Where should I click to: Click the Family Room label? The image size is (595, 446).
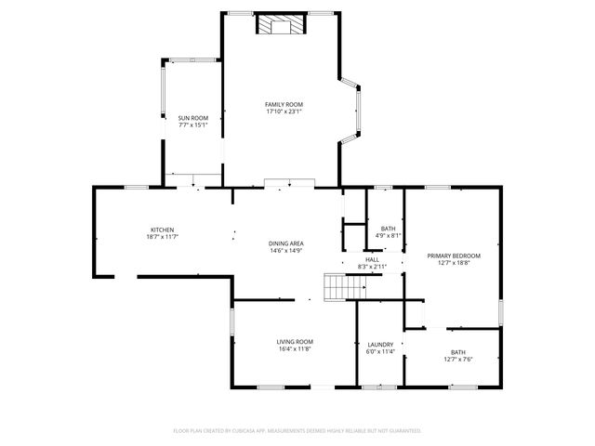click(x=284, y=104)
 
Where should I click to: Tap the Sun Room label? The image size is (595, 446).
click(x=192, y=118)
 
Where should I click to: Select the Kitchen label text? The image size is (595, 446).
click(x=162, y=230)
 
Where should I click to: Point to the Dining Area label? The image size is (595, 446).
click(x=286, y=243)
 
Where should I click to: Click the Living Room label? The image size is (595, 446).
click(x=294, y=341)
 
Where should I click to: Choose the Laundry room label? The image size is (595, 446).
click(x=380, y=344)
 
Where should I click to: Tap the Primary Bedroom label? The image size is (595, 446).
click(x=454, y=256)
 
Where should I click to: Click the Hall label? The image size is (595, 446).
click(x=372, y=259)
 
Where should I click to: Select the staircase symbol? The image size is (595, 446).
click(x=339, y=287)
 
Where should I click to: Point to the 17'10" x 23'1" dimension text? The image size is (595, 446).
click(x=284, y=111)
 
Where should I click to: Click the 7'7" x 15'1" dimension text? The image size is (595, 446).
click(x=192, y=125)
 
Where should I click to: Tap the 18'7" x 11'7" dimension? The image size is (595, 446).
click(x=162, y=238)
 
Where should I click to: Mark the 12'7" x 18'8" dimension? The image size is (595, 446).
click(x=454, y=263)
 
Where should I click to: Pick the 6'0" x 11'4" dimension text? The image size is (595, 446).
click(x=380, y=351)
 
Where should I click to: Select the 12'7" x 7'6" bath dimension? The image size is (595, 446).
click(x=458, y=359)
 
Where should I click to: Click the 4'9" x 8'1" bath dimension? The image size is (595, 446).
click(x=389, y=236)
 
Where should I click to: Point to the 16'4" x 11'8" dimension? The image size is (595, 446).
click(x=294, y=348)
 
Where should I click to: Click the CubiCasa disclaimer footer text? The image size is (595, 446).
click(x=297, y=430)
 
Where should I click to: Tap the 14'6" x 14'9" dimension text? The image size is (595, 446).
click(x=286, y=251)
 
